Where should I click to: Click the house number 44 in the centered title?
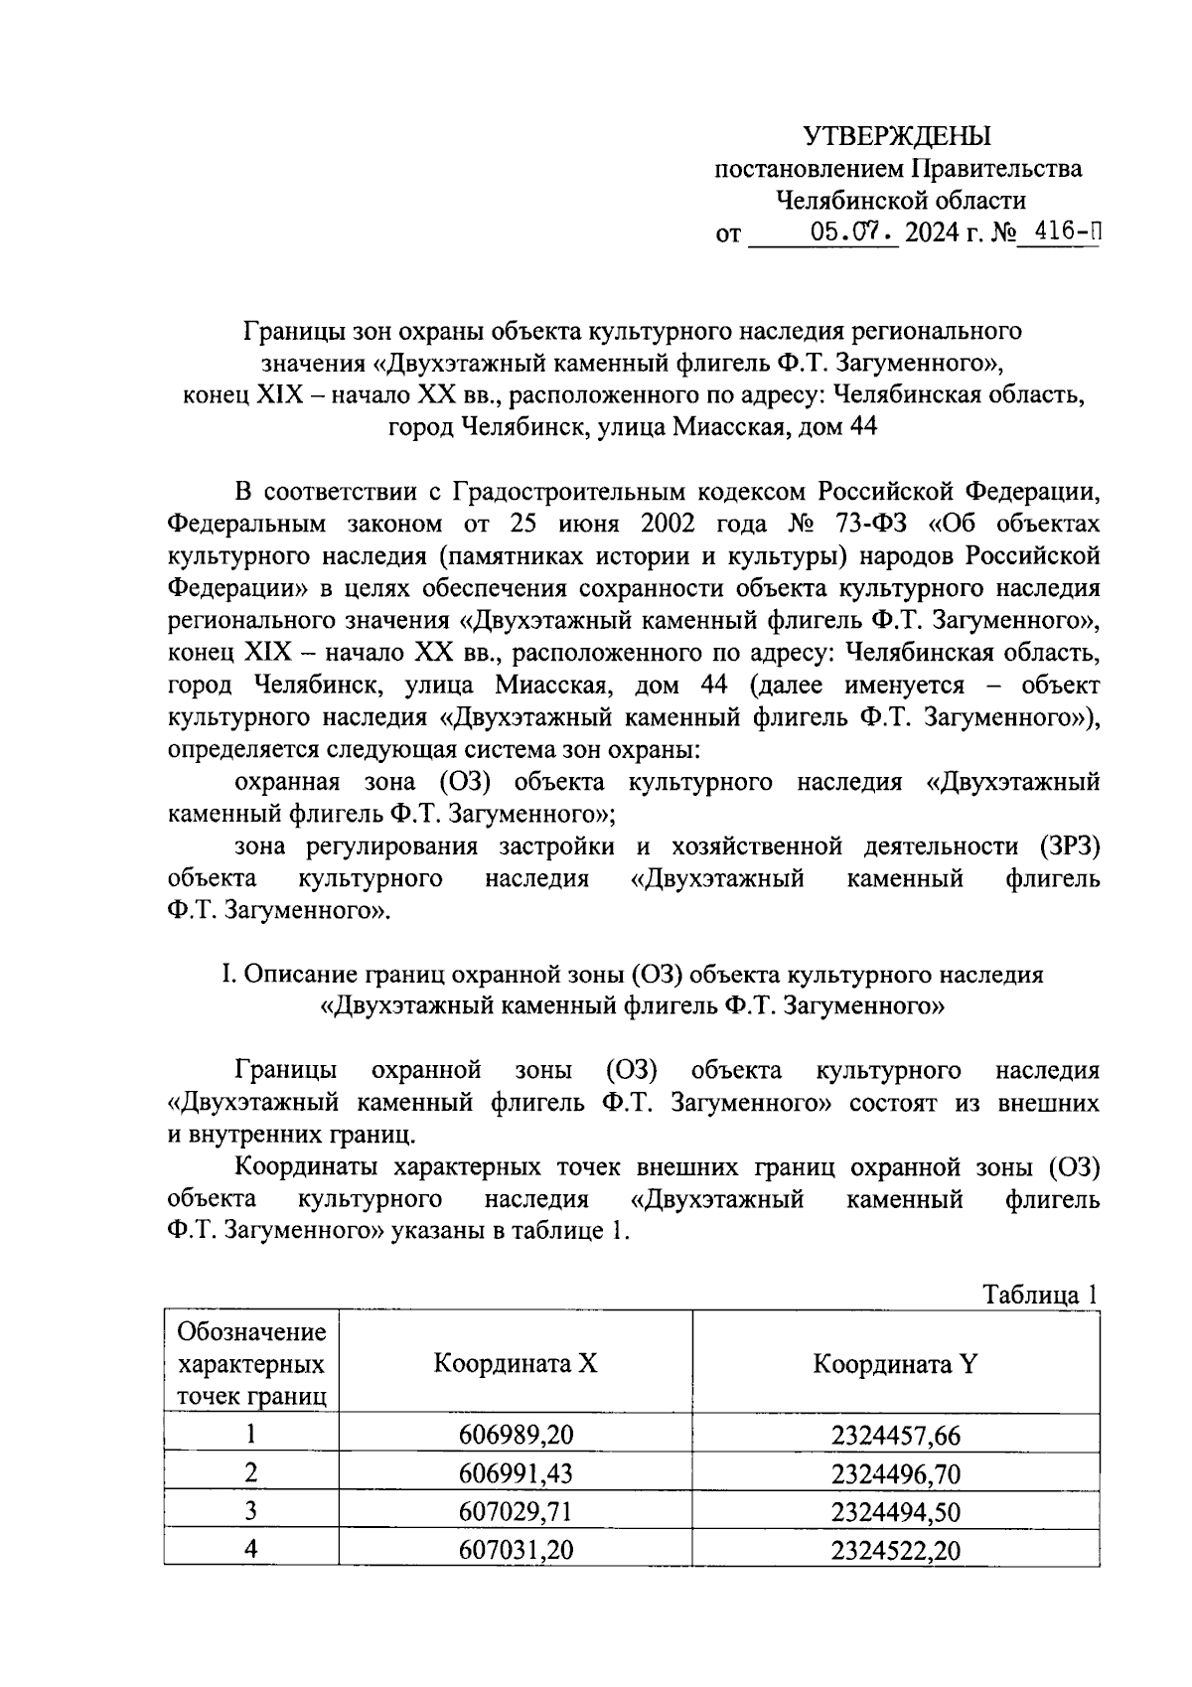(861, 427)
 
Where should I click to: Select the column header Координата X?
(516, 1363)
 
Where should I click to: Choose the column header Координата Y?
(895, 1363)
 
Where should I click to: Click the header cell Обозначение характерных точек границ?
(251, 1363)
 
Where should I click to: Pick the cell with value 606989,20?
(516, 1436)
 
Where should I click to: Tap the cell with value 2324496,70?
(895, 1474)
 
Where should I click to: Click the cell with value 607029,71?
(516, 1512)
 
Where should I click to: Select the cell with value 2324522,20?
(895, 1551)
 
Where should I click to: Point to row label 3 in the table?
(251, 1511)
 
